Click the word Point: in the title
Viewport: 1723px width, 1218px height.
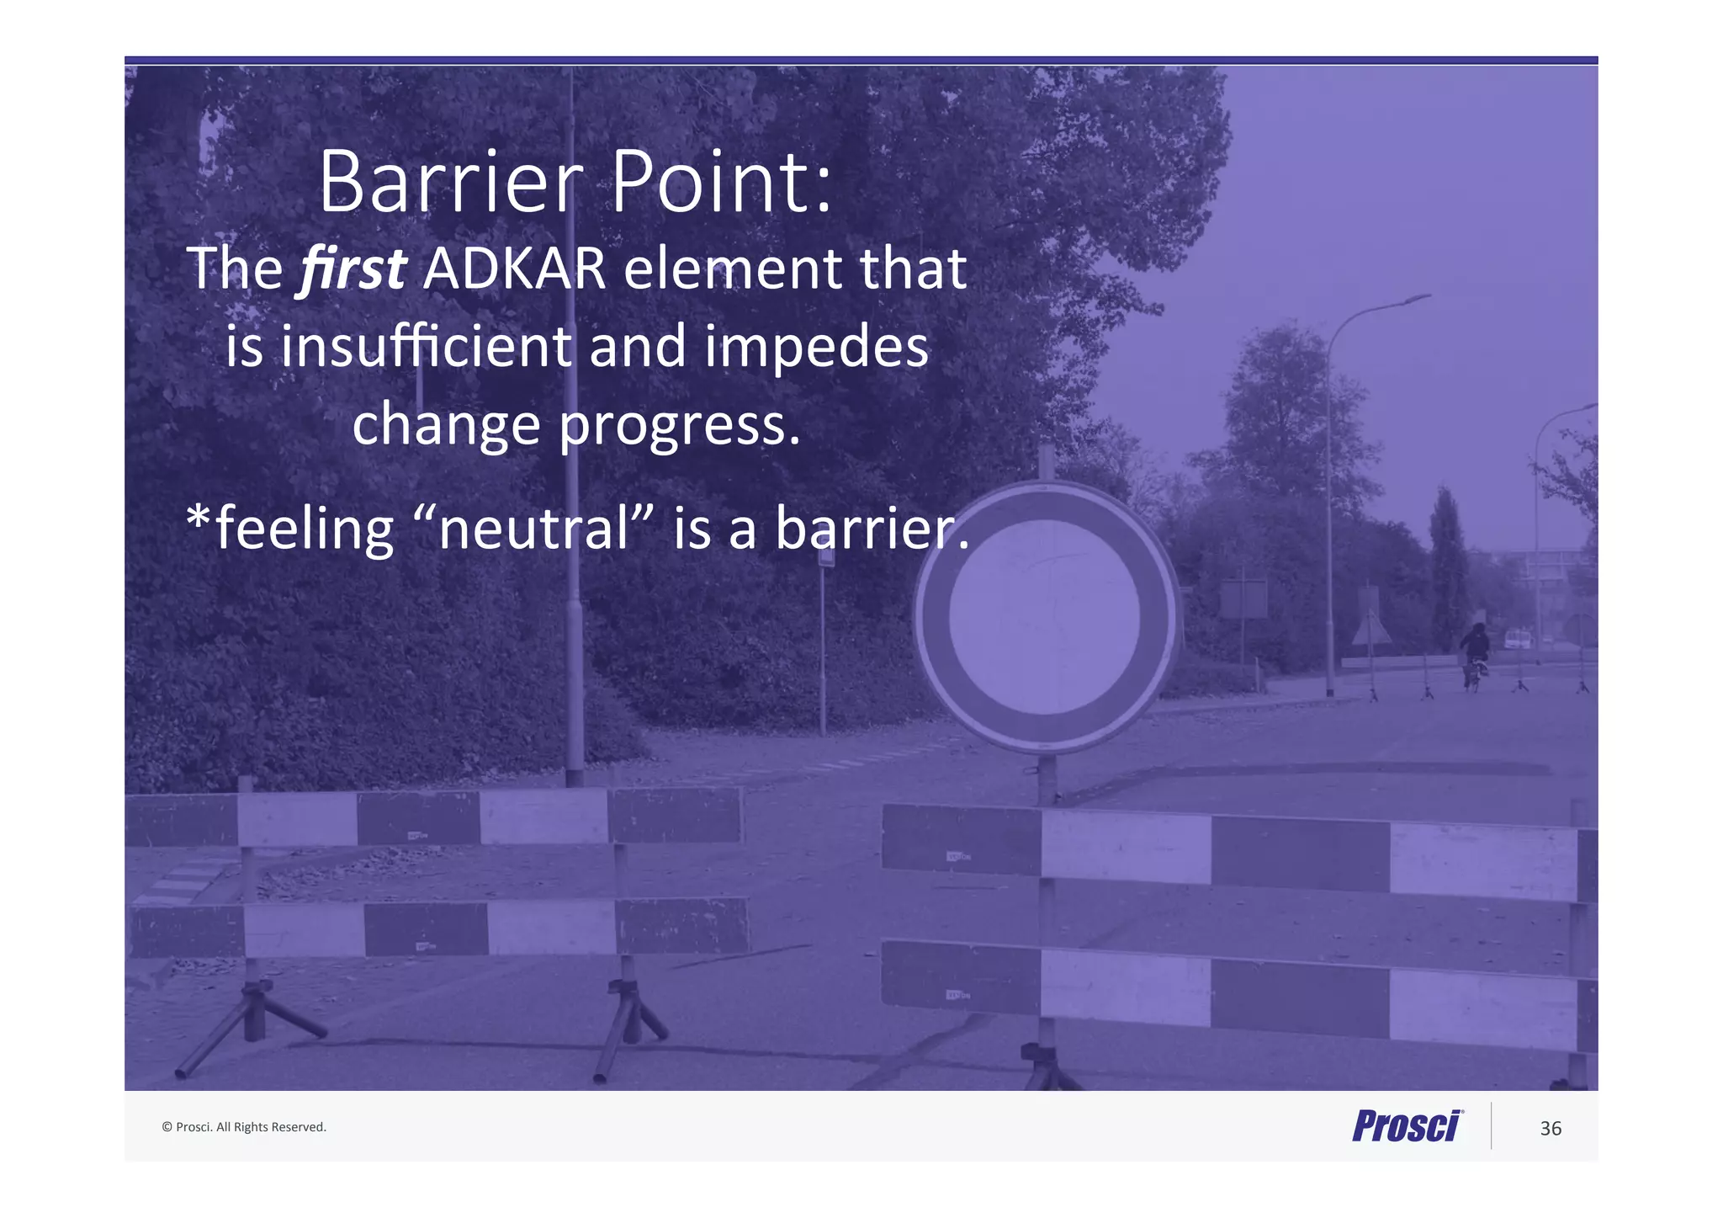[x=721, y=183]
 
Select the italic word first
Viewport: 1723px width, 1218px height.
[x=353, y=269]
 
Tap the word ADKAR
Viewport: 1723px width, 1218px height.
[x=514, y=269]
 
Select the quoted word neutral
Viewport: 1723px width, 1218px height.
[x=534, y=529]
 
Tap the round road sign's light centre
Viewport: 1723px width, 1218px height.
[x=1044, y=617]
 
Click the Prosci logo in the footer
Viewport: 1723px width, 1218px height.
[x=1407, y=1126]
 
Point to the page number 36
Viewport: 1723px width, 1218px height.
[x=1550, y=1129]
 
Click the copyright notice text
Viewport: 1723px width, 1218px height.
[x=244, y=1127]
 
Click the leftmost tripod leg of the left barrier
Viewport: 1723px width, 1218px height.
[x=210, y=1035]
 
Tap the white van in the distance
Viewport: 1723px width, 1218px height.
[x=1517, y=639]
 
